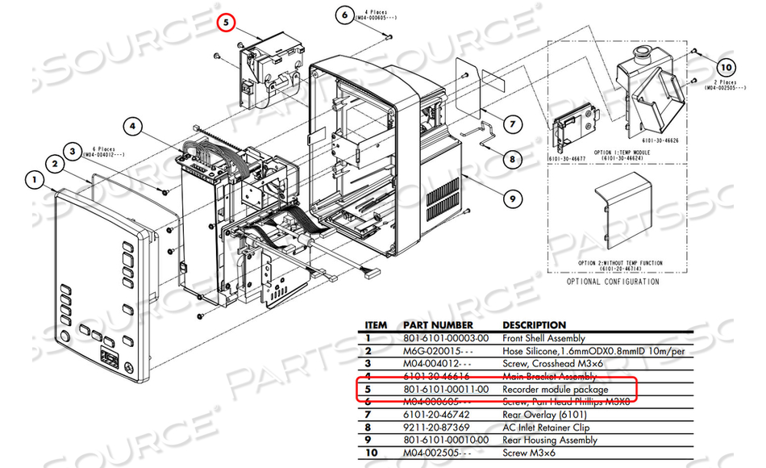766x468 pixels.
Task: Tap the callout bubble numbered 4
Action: (134, 126)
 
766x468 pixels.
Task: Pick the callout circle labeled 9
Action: (511, 197)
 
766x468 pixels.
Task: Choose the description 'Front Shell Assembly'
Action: (543, 339)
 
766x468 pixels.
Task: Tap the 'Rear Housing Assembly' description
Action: (550, 441)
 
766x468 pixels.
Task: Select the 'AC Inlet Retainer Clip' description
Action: (546, 428)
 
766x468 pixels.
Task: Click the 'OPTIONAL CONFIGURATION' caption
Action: (614, 282)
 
